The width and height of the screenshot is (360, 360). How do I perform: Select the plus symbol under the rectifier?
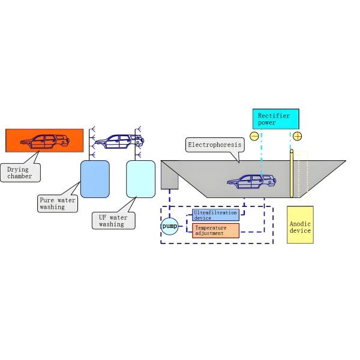click(297, 136)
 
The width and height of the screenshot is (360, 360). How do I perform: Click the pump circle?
click(169, 226)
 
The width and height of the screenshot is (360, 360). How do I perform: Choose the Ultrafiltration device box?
click(215, 215)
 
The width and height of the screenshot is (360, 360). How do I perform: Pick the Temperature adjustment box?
click(215, 230)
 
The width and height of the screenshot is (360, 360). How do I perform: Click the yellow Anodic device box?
click(300, 224)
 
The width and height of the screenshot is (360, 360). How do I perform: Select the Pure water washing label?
click(57, 204)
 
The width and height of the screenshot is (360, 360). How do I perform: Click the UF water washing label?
click(112, 220)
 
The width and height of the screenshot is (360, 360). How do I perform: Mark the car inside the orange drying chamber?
click(44, 142)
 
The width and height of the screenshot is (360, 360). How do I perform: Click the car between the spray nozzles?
click(119, 141)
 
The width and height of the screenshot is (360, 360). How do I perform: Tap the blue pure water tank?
click(95, 179)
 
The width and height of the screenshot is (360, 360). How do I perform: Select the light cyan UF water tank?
click(141, 179)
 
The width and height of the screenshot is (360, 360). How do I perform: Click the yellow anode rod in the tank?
click(292, 174)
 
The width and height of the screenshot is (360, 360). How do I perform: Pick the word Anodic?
click(300, 223)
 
